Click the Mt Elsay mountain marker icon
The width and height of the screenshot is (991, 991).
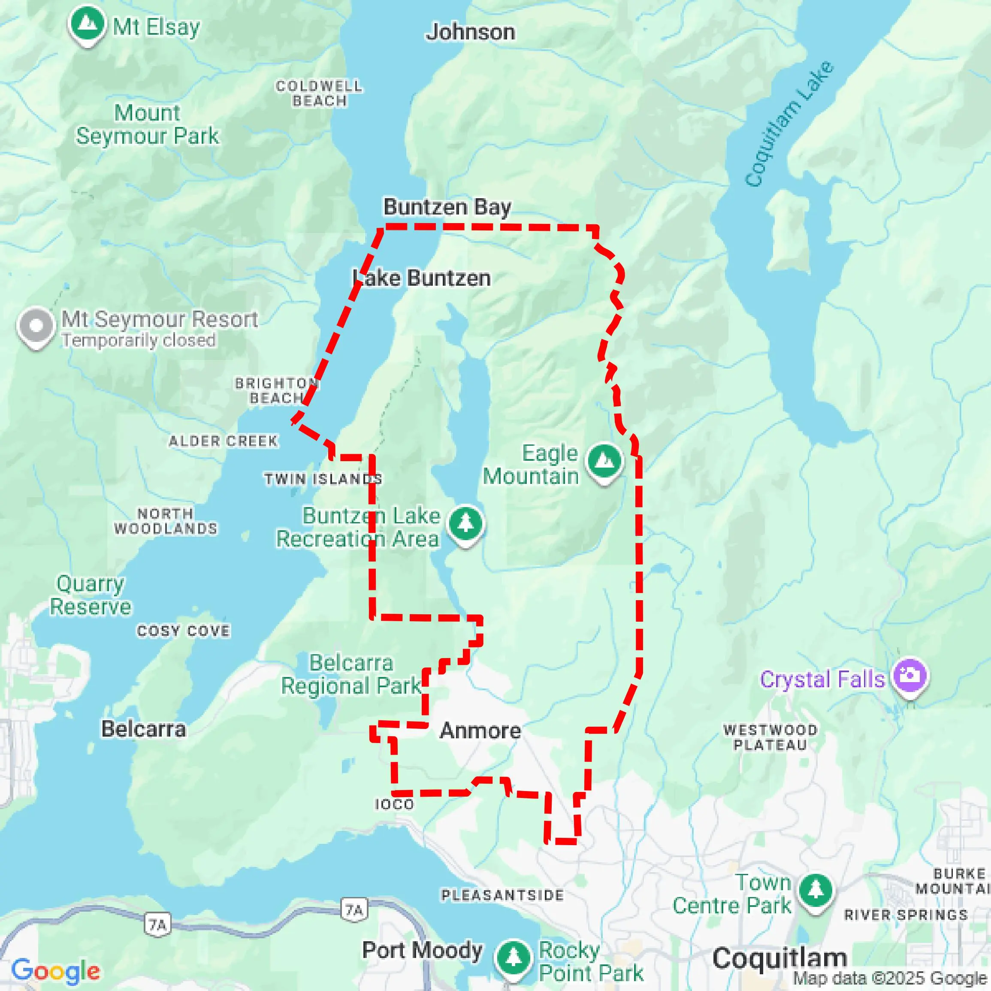pos(87,24)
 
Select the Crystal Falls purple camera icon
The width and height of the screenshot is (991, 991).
pos(910,676)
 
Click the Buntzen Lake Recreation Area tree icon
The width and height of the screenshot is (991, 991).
pos(465,524)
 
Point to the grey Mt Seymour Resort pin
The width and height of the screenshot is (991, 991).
pos(36,326)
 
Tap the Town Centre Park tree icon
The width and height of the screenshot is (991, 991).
pos(815,891)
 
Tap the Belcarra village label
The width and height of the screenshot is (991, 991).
pos(144,729)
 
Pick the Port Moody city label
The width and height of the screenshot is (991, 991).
pos(422,950)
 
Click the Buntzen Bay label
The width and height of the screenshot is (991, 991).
pos(447,207)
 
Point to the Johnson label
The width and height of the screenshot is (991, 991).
pos(470,32)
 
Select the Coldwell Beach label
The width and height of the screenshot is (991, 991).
pos(319,94)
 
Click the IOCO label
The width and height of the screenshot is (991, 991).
pos(394,804)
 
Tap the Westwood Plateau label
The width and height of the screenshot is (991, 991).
pos(770,737)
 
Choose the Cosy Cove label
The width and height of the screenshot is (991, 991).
pos(183,631)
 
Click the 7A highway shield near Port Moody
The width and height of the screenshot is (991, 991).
pos(354,910)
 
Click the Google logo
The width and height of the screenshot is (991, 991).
pos(55,970)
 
